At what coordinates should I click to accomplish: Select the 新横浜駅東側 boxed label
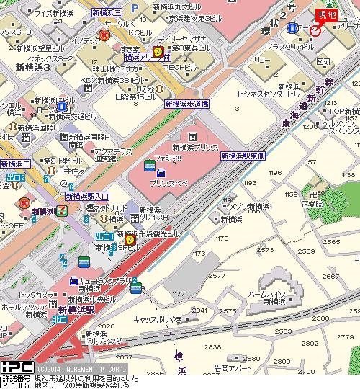tap(243, 156)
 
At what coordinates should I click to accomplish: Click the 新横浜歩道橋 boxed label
tap(186, 104)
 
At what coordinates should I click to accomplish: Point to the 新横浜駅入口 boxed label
tap(87, 196)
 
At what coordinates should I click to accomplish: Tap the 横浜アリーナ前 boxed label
tap(146, 56)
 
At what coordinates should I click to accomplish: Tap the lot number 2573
tap(266, 249)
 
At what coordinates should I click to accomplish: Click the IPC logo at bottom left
tap(15, 367)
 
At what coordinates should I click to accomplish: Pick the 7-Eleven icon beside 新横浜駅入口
tap(63, 210)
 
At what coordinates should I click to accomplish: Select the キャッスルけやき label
tap(158, 318)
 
